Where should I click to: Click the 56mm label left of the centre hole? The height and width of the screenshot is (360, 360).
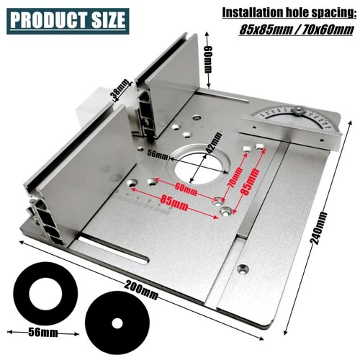pyautogui.click(x=158, y=153)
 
